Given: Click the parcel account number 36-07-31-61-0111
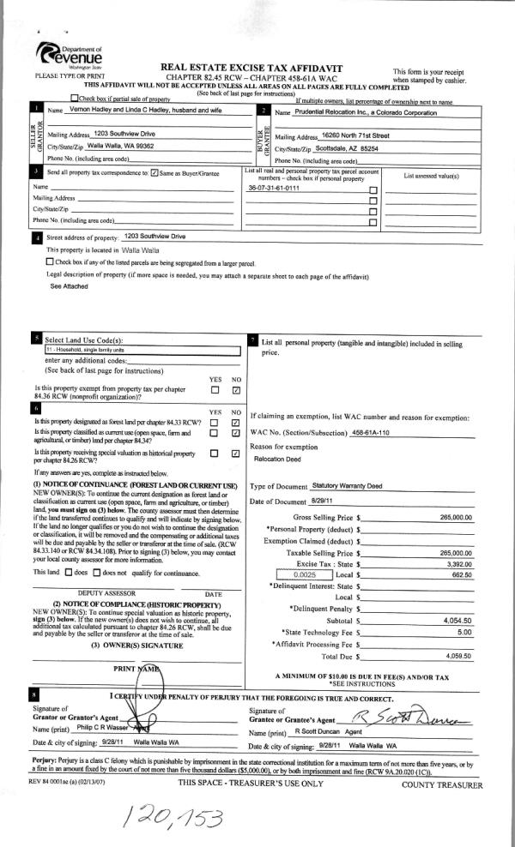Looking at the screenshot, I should (x=274, y=186).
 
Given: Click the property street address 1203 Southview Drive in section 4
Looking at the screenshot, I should (x=154, y=236).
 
